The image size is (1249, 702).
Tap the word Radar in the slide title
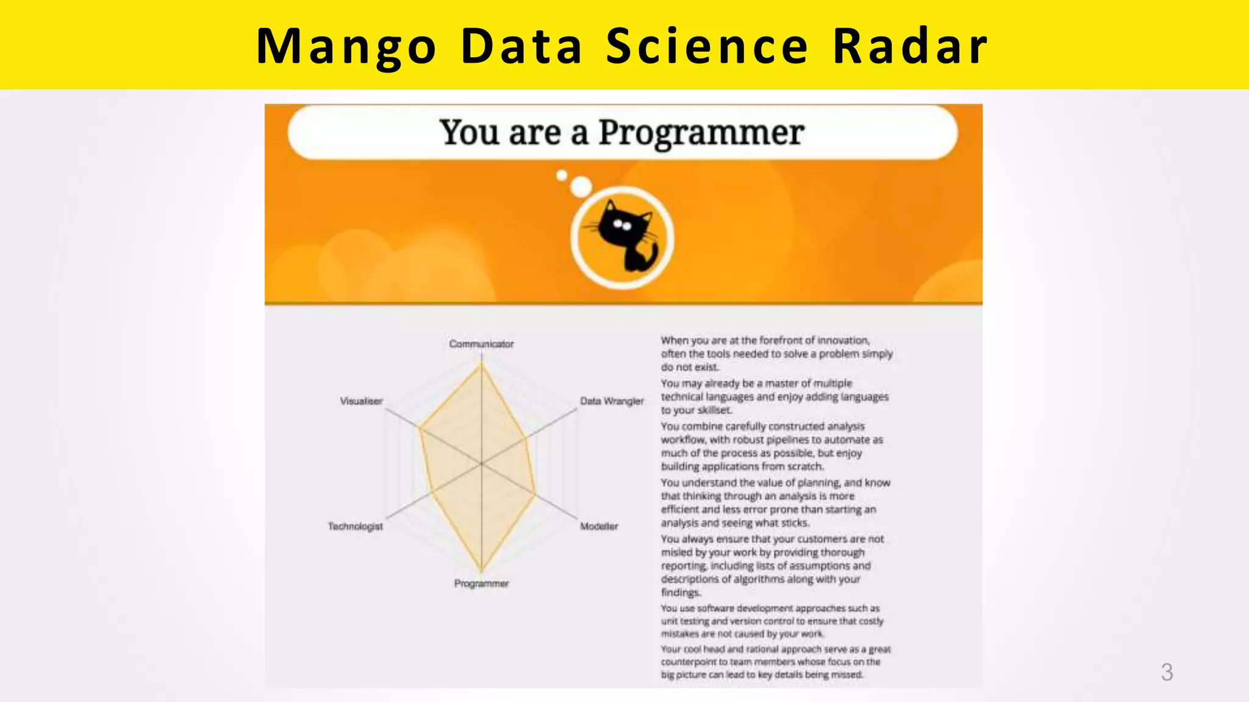tap(910, 46)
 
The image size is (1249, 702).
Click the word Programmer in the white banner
tap(701, 132)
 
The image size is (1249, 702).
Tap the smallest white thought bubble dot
tap(562, 175)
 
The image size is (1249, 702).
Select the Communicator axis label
tap(481, 344)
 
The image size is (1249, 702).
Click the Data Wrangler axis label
tap(611, 401)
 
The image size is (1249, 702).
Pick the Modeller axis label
tap(598, 526)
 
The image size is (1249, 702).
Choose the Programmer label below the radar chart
tap(481, 583)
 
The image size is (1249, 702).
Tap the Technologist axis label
tap(355, 526)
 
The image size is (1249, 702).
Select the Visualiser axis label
tap(361, 401)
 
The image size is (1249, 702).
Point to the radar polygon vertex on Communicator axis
tap(482, 364)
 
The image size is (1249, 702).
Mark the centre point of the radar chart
tap(482, 464)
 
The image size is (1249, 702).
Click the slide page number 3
tap(1166, 672)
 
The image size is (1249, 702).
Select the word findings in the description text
tap(681, 592)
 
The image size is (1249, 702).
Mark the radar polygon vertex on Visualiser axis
tap(420, 428)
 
